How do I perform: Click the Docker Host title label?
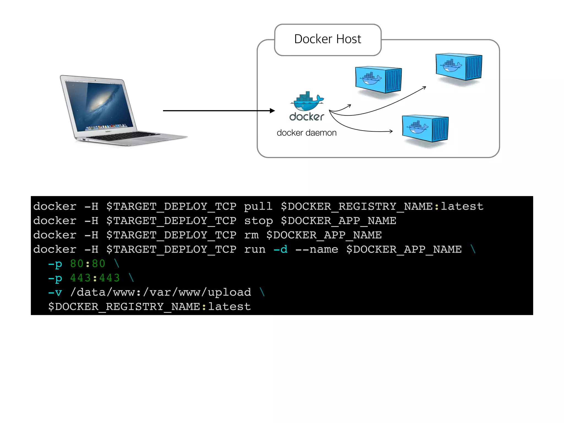click(327, 39)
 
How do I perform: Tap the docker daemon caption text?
click(307, 133)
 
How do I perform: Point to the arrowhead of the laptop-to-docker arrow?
click(272, 111)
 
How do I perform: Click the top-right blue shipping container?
click(459, 67)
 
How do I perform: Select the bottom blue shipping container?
click(425, 128)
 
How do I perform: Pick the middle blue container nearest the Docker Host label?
click(378, 80)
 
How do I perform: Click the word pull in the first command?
click(258, 206)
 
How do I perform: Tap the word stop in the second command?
click(258, 221)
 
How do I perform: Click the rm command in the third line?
click(251, 235)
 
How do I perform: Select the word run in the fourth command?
click(254, 249)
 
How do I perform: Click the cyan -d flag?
click(280, 249)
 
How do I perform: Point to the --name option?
click(317, 249)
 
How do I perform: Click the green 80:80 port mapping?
click(88, 264)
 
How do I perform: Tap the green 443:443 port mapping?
click(95, 278)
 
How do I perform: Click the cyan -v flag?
click(55, 292)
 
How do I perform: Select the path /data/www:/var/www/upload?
click(161, 292)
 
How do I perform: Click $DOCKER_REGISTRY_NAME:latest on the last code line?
click(150, 307)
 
